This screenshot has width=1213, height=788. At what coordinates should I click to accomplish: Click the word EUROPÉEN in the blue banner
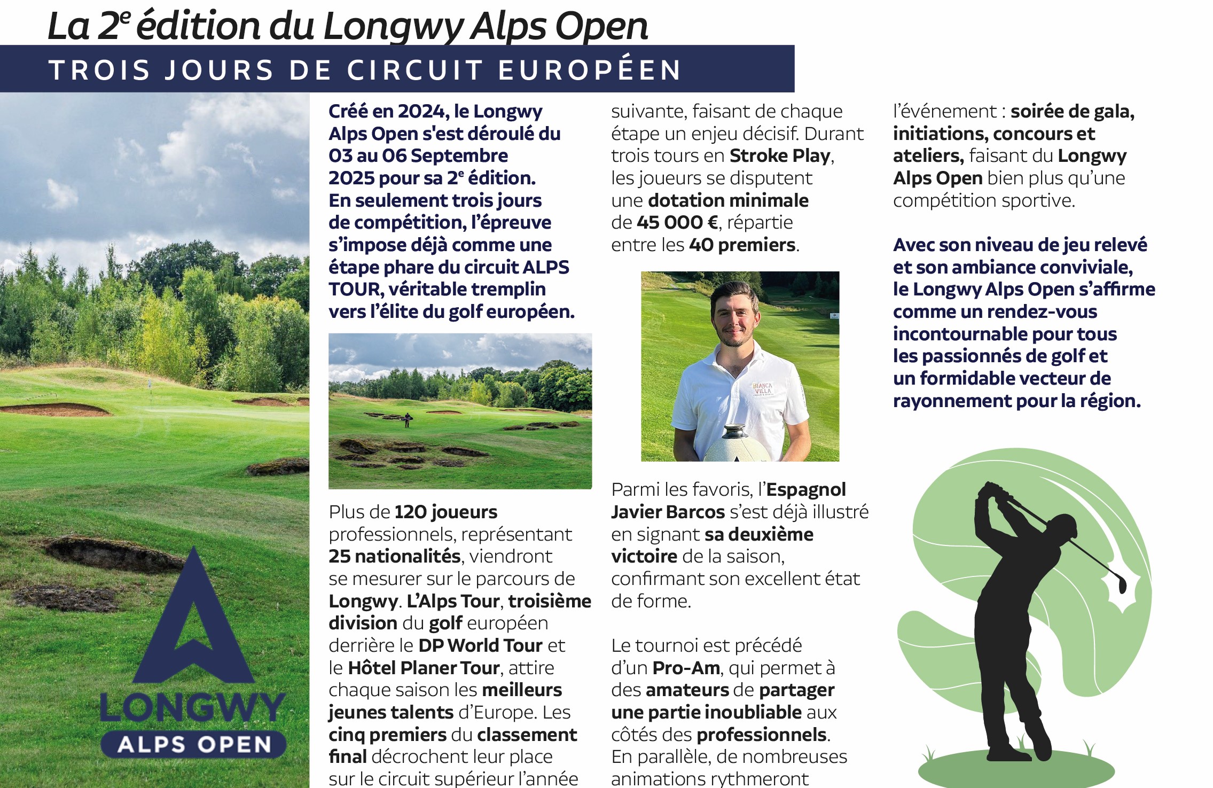coord(590,71)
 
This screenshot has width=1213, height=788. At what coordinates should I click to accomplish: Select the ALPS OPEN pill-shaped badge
coord(193,744)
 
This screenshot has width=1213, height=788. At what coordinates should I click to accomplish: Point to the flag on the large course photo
coord(150,384)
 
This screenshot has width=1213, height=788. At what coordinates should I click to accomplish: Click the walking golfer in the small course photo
coord(408,419)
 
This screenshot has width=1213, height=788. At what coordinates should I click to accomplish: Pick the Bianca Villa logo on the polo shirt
coord(762,388)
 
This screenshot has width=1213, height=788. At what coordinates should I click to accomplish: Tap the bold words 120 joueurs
coord(446,512)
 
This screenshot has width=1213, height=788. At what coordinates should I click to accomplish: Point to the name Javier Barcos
coord(668,512)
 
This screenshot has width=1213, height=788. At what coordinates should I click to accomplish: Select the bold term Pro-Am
coord(686,668)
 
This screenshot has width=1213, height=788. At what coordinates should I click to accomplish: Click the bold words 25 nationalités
coord(395,556)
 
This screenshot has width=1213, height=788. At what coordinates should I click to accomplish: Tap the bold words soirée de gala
coord(1073,111)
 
